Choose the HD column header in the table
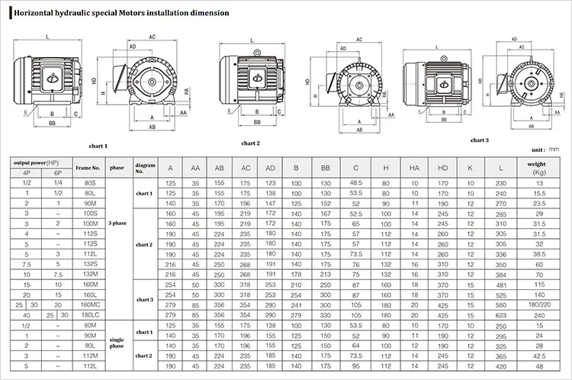pyautogui.click(x=442, y=167)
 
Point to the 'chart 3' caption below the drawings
pyautogui.click(x=479, y=140)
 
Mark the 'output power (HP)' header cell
pyautogui.click(x=37, y=162)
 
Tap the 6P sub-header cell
pyautogui.click(x=53, y=172)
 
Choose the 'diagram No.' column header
pyautogui.click(x=145, y=167)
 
